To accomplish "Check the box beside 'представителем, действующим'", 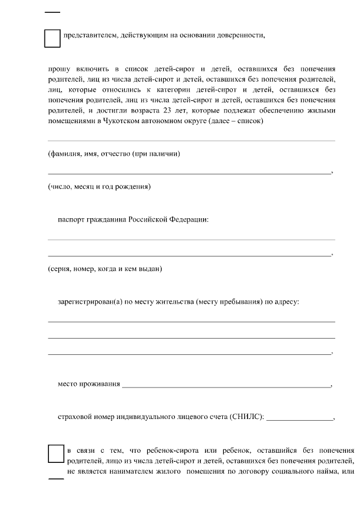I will pyautogui.click(x=52, y=38).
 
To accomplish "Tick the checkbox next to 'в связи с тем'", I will pyautogui.click(x=56, y=454).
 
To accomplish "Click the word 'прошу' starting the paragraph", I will pyautogui.click(x=58, y=69).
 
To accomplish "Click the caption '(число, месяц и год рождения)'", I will pyautogui.click(x=99, y=186).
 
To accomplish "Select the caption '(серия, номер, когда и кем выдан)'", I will pyautogui.click(x=105, y=269).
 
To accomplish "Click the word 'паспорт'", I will pyautogui.click(x=71, y=219).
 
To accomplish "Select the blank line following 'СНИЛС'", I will pyautogui.click(x=299, y=418).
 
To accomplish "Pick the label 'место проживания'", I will pyautogui.click(x=89, y=385).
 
